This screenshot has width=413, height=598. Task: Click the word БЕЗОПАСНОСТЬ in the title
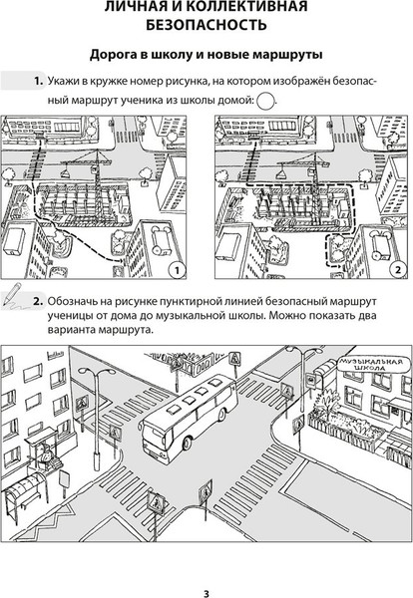point(206,25)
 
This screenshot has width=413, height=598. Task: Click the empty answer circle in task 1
point(266,102)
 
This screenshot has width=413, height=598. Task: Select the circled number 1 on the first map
point(177,270)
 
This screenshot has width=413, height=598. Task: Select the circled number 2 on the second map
point(398,270)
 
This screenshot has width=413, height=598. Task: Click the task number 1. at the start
point(39,82)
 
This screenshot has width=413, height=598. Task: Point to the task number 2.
point(38,301)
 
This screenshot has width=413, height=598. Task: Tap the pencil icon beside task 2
point(13,294)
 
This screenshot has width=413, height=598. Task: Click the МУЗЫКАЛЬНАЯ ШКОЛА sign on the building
point(371,365)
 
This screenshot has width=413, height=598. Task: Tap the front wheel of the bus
point(187,443)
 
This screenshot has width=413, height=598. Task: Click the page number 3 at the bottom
point(206,593)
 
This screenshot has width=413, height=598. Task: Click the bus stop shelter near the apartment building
point(23,492)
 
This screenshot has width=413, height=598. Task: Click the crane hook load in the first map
point(66,173)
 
